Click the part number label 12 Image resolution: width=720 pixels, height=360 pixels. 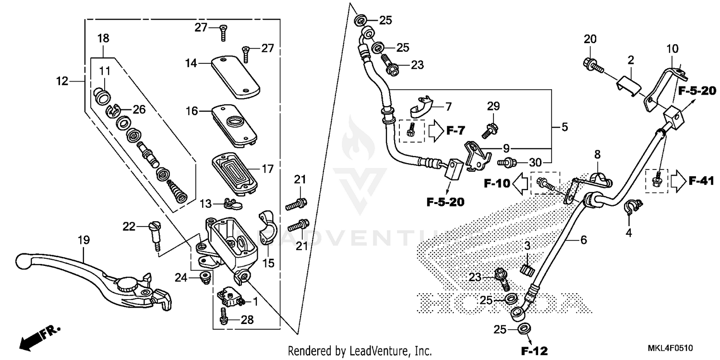coord(62,81)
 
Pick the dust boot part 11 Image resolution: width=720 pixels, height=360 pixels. coord(102,95)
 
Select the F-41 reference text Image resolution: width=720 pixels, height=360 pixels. coord(702,180)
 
